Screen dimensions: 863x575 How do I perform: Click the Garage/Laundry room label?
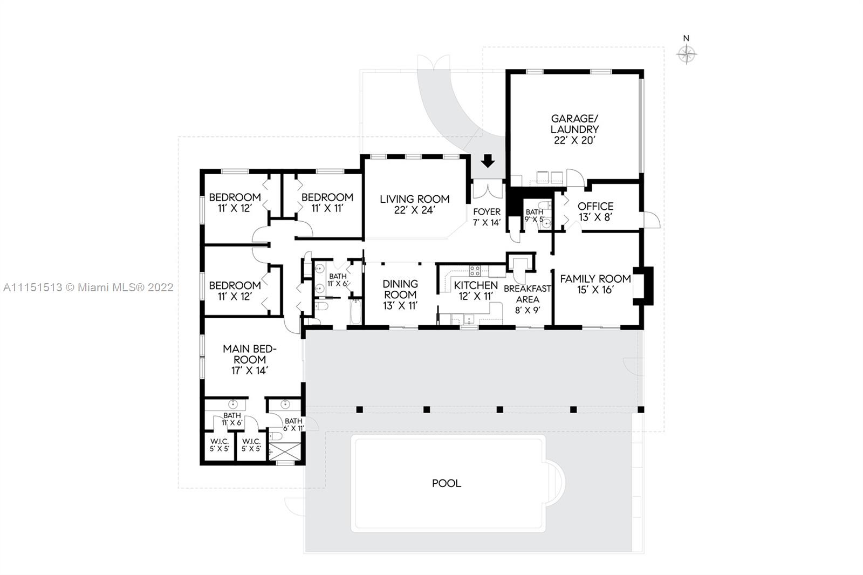click(574, 129)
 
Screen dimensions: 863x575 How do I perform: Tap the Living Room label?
click(415, 204)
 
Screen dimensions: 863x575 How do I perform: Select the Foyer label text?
click(487, 217)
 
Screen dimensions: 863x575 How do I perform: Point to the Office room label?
click(595, 211)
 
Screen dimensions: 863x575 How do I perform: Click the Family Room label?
click(595, 284)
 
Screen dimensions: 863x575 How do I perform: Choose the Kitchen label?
click(476, 291)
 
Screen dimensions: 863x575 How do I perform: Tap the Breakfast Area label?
click(528, 299)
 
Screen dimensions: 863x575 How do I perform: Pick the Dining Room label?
click(400, 295)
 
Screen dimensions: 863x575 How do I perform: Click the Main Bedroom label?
click(250, 360)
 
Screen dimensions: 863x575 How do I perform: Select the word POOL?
click(447, 483)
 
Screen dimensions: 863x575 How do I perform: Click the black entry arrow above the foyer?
click(488, 161)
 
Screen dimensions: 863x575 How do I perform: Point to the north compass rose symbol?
click(686, 54)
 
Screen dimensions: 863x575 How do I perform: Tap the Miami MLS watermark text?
click(88, 287)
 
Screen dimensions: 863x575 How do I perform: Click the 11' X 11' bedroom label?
click(327, 203)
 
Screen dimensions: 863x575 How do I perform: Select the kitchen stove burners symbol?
click(475, 271)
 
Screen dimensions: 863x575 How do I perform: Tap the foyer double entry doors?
click(488, 191)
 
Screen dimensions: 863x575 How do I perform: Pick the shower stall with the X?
click(285, 451)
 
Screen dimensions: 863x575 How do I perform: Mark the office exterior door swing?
click(651, 220)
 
